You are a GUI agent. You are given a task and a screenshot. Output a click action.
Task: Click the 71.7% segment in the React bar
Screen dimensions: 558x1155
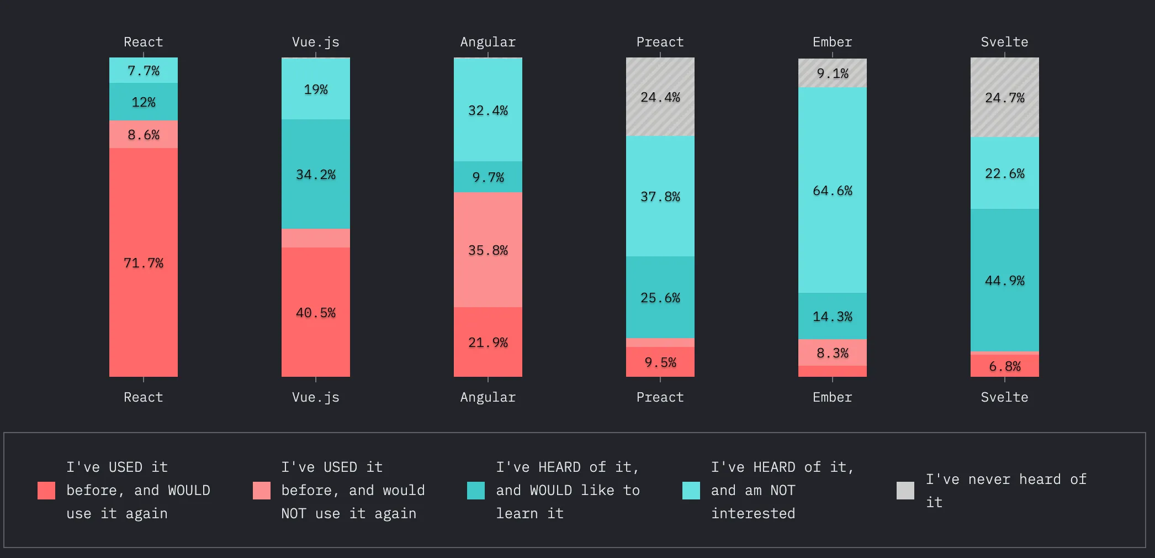coord(144,262)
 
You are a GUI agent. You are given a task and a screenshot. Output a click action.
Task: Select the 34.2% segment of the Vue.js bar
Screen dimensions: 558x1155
coord(316,175)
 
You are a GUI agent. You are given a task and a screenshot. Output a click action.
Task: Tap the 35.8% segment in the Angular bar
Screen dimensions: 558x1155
coord(488,250)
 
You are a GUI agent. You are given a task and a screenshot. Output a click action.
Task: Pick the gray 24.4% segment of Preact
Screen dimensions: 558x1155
coord(660,97)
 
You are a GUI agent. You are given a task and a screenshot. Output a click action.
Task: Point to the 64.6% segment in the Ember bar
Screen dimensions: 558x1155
coord(833,191)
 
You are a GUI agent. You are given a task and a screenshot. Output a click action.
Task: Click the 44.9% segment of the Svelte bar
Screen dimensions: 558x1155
coord(1005,280)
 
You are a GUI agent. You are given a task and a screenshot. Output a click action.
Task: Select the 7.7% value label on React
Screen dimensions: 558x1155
coord(144,71)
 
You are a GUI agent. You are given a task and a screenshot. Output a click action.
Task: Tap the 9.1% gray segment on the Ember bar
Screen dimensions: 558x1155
coord(833,73)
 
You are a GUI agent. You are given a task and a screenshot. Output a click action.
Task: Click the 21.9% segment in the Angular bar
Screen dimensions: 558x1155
coord(488,342)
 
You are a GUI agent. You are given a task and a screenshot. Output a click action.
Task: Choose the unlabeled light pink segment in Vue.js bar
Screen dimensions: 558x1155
coord(316,238)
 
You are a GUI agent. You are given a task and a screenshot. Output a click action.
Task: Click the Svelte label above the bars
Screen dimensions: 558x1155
coord(1004,42)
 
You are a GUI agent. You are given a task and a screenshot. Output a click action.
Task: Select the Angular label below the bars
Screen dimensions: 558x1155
coord(488,397)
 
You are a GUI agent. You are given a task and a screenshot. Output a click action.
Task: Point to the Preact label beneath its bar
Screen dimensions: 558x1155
coord(660,397)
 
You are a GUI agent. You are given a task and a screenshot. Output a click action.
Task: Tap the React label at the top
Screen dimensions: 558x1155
coord(144,42)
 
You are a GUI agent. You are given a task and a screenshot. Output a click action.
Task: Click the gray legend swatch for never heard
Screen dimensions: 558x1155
coord(905,491)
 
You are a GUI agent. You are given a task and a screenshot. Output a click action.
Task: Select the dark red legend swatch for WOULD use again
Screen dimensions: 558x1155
coord(46,491)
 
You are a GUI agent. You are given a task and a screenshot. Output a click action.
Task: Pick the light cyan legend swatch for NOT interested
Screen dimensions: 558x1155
coord(691,491)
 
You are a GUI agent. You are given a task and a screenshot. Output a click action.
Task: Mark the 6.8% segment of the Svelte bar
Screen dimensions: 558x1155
coord(1005,366)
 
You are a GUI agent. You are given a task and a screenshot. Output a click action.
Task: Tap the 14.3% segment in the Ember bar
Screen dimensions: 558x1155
coord(833,316)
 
